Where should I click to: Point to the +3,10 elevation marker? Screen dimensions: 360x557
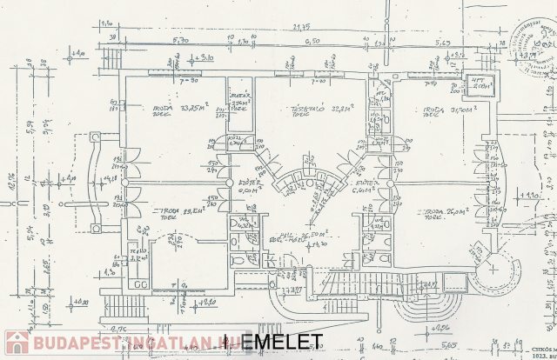[205, 57]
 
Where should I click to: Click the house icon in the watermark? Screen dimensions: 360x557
[17, 343]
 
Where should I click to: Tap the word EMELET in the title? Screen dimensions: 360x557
[281, 342]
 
